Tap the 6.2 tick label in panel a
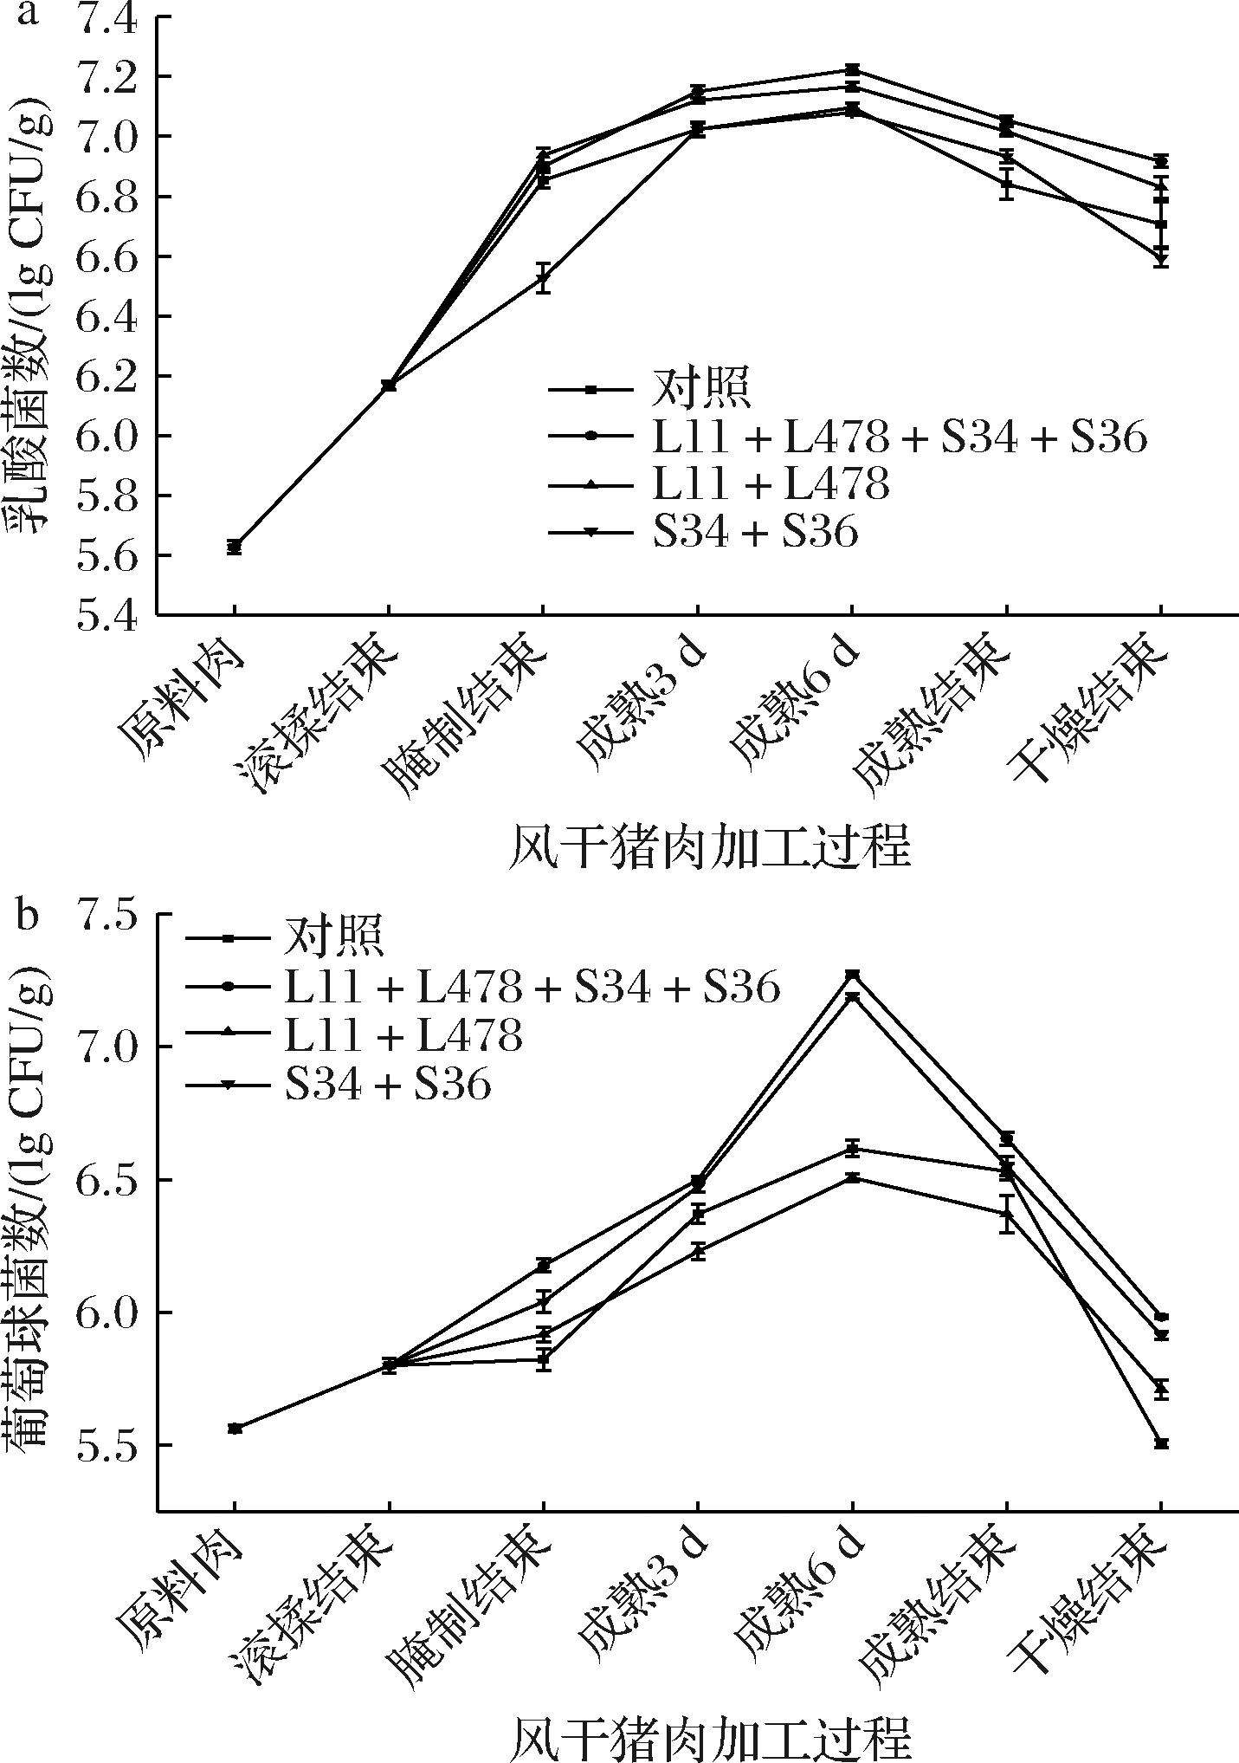pos(106,377)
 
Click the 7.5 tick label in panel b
pos(106,916)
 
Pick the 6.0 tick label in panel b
pos(106,1313)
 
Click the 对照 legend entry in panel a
pos(700,389)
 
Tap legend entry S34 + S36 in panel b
pos(388,1083)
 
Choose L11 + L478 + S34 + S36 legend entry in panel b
pos(532,986)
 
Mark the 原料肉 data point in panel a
pos(234,547)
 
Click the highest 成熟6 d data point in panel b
pos(852,975)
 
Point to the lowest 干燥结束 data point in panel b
pos(1161,1443)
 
